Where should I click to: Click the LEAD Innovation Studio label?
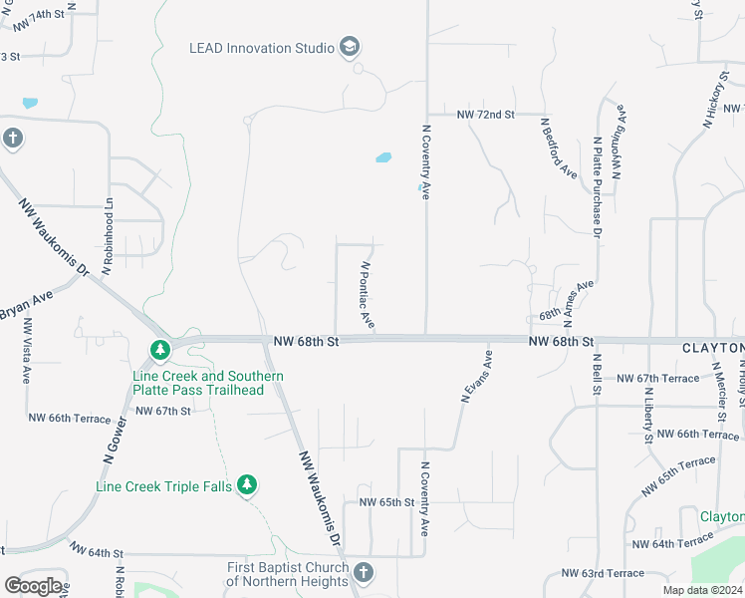[262, 48]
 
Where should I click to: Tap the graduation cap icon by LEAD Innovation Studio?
[349, 47]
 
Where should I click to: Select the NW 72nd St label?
[485, 116]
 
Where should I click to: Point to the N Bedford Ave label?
[558, 149]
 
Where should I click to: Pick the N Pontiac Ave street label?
[367, 296]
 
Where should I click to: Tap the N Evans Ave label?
[477, 376]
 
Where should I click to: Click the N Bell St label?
[597, 374]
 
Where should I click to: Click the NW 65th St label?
[385, 502]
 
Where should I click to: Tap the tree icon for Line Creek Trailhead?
[158, 350]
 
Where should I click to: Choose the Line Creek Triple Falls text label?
[163, 486]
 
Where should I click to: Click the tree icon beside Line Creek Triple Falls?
[247, 485]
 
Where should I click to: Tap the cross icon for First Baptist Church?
[364, 572]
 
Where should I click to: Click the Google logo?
[33, 586]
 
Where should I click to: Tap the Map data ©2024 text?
[701, 590]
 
